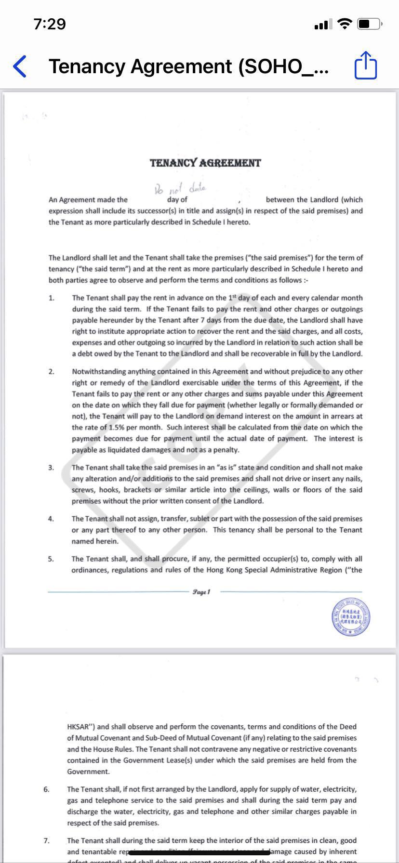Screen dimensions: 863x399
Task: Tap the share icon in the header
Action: click(x=365, y=65)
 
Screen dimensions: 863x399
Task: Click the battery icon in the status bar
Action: click(x=370, y=24)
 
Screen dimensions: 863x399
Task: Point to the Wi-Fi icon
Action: click(x=345, y=24)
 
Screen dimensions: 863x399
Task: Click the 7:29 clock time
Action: click(x=50, y=24)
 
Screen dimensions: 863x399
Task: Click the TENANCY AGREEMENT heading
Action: click(x=205, y=163)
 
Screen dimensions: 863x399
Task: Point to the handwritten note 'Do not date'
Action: click(x=180, y=188)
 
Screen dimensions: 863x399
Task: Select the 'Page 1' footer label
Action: click(x=201, y=591)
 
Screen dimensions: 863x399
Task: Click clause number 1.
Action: click(x=52, y=298)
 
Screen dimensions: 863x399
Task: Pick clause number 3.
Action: click(x=51, y=468)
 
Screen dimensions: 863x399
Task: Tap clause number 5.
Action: click(x=51, y=559)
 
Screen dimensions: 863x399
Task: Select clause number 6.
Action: click(x=47, y=789)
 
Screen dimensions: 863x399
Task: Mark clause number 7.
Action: click(x=47, y=840)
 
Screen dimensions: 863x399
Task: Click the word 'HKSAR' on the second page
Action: click(x=80, y=727)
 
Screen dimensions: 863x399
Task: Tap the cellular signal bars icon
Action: click(x=323, y=24)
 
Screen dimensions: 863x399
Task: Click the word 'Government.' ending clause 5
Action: click(x=88, y=771)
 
